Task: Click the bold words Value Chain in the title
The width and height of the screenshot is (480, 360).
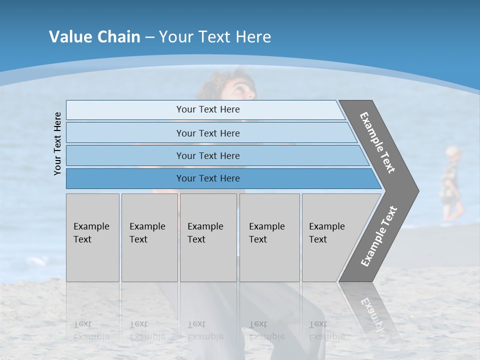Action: [94, 37]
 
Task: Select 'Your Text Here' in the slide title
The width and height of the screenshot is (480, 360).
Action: [215, 37]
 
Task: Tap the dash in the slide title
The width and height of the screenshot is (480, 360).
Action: [149, 37]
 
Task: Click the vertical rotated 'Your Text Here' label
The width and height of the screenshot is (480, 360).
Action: [57, 143]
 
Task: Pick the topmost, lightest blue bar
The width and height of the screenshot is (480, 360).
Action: [207, 109]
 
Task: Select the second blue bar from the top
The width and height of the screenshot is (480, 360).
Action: [207, 133]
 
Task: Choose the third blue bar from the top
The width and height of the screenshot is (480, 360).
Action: [207, 155]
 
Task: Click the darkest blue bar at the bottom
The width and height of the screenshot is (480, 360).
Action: [207, 178]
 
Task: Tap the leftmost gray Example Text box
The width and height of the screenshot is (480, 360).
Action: [92, 237]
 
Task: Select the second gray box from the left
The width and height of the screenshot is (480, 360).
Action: [149, 237]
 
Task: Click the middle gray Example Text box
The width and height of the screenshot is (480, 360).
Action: [208, 237]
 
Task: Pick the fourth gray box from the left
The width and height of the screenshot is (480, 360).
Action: [269, 237]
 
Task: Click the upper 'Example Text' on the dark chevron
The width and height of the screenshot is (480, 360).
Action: [377, 142]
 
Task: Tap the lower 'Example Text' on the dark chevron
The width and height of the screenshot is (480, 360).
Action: [378, 236]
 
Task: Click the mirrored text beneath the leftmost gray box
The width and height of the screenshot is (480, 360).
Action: [91, 330]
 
